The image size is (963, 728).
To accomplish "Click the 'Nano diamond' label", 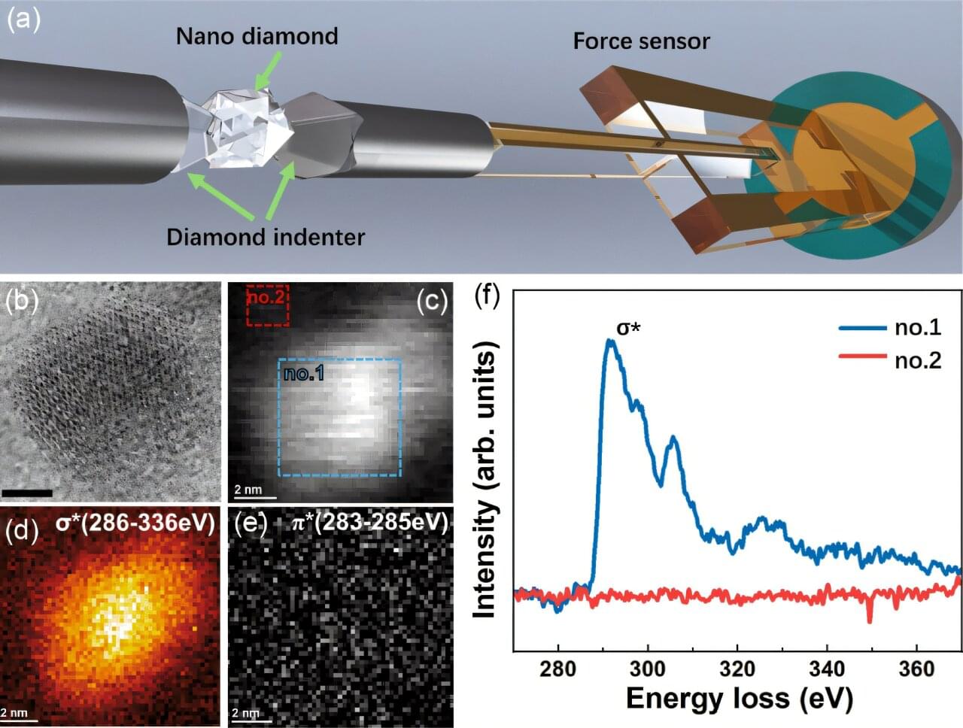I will coord(257,36).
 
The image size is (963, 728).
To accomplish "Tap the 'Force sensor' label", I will coord(641,41).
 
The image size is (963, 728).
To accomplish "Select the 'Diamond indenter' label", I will coord(266,237).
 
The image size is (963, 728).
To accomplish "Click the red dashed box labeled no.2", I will coord(267,305).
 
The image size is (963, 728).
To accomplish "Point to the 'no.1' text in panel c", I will coord(304,372).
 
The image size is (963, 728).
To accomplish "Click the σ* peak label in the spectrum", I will coord(624,329).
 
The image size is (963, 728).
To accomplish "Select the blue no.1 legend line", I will coord(862,327).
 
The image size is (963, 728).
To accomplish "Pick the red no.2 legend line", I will coord(862,360).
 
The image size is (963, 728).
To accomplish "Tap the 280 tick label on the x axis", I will coord(558,669).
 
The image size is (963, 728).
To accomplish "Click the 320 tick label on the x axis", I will coord(737,669).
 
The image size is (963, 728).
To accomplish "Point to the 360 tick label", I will coord(916,669).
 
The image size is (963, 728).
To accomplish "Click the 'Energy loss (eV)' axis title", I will coord(739,699).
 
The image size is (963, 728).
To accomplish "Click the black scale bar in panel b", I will coord(27,493).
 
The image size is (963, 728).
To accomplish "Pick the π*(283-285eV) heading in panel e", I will coord(369,522).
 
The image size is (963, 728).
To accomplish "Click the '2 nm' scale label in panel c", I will coord(248,490).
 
